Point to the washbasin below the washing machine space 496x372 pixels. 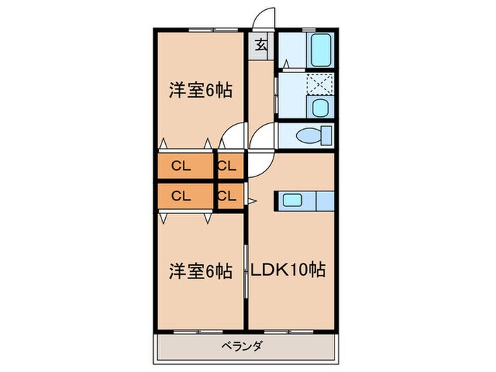coord(320,108)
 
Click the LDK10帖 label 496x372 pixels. coord(286,270)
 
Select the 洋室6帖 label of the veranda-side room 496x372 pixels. coord(201,270)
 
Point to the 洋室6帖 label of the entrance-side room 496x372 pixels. coord(201,91)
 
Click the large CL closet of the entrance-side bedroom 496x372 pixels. coord(182,167)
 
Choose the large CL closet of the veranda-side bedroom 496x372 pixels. coord(182,195)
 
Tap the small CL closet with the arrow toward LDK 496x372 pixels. coord(229,195)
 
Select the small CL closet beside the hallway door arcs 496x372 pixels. coord(229,167)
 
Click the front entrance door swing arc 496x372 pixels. coord(263,19)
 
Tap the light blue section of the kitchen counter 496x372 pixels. coord(322,201)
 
